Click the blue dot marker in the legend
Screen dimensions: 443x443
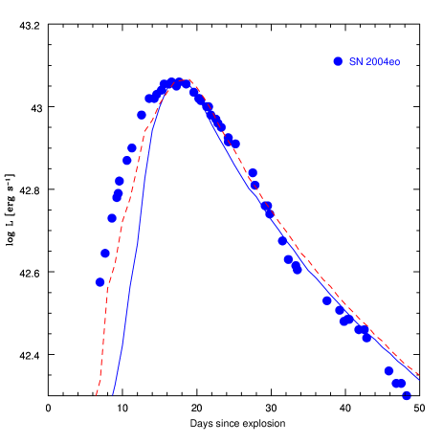pos(338,61)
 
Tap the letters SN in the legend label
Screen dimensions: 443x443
pos(355,61)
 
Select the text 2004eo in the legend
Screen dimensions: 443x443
pos(383,61)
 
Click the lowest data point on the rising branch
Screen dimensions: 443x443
pos(100,281)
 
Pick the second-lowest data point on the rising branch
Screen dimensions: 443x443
pos(105,253)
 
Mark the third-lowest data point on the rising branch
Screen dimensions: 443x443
pos(111,218)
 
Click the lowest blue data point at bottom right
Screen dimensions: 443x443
pos(407,395)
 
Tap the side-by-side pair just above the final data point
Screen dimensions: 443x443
pos(399,383)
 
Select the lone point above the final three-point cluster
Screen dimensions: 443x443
pos(388,370)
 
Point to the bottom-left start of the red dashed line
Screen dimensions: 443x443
pos(97,393)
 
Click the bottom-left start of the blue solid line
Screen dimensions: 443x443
pos(113,393)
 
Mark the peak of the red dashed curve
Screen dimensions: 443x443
pos(189,79)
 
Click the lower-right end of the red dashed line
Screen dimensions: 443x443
pos(419,375)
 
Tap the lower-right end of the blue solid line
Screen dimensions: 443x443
pos(418,379)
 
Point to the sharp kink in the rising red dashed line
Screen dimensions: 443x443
pos(144,132)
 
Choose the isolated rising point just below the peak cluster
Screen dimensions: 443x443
pos(142,115)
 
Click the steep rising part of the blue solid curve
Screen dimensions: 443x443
pos(135,258)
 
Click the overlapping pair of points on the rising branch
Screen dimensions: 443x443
pos(118,195)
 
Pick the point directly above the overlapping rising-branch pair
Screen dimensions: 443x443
pos(120,180)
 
